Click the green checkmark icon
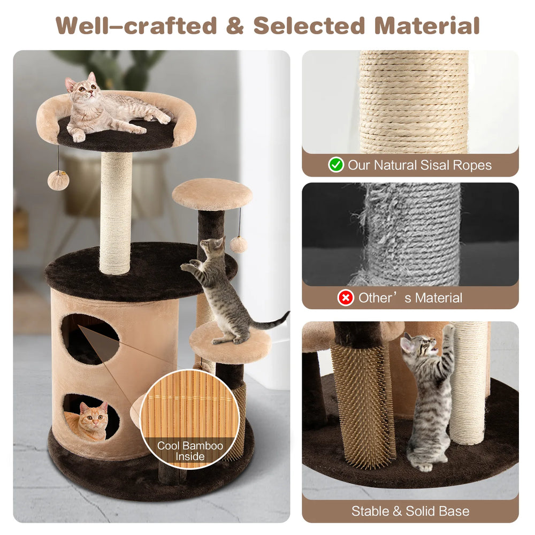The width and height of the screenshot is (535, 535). [x=336, y=164]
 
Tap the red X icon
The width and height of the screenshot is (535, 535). [x=346, y=298]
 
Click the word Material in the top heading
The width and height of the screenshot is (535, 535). [x=427, y=26]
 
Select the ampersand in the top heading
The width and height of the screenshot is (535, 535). [x=235, y=26]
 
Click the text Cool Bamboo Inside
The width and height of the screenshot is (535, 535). [x=190, y=450]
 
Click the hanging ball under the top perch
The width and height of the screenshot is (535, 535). [x=58, y=180]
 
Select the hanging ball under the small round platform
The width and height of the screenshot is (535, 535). [x=238, y=244]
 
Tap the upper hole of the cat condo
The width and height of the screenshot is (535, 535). [x=90, y=339]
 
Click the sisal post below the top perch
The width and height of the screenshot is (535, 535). [x=116, y=213]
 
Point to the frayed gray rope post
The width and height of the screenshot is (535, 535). [x=411, y=235]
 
